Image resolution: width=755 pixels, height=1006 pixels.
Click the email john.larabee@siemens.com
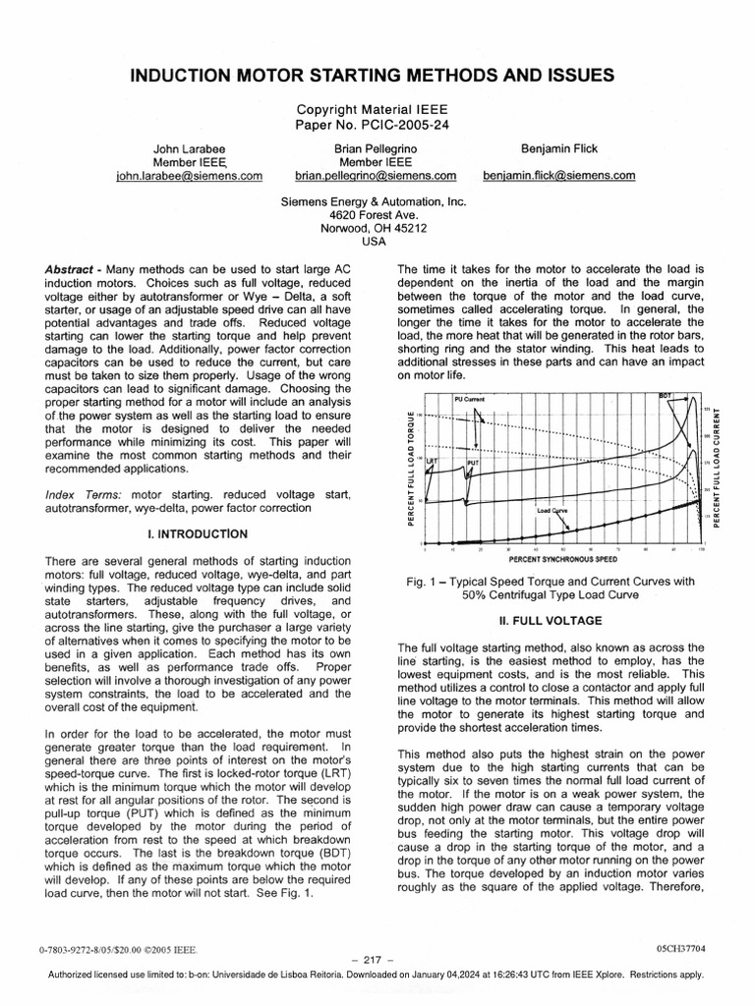(189, 176)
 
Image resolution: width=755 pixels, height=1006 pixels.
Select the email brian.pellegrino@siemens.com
(376, 176)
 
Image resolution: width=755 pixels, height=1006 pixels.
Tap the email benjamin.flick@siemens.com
(558, 176)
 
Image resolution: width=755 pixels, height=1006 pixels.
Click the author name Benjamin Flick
(558, 148)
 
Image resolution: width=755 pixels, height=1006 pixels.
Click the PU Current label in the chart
(471, 400)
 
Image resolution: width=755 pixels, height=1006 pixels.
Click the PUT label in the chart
(473, 461)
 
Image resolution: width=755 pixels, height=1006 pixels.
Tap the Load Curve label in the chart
(552, 511)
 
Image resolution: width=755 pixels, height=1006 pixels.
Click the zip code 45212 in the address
(406, 228)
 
